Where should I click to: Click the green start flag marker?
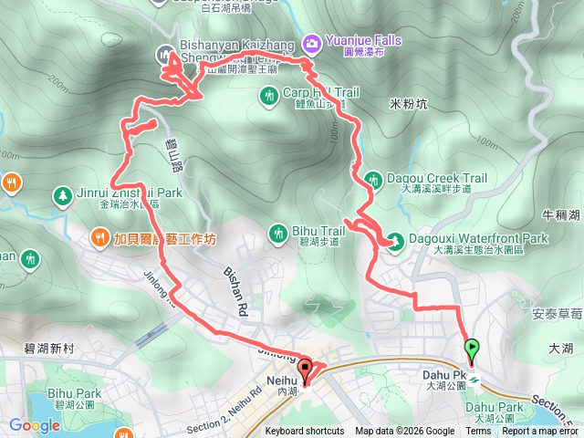(x=472, y=349)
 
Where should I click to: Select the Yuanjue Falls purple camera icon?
(x=312, y=41)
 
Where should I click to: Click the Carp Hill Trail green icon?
(x=268, y=94)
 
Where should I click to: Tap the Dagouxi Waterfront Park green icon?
(x=396, y=241)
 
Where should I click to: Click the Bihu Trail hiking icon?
(x=277, y=235)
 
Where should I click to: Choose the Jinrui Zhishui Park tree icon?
(x=61, y=194)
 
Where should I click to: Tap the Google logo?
(x=34, y=425)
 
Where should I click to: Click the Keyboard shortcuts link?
(x=305, y=432)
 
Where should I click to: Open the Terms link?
(x=478, y=432)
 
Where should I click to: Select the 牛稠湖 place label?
(x=561, y=216)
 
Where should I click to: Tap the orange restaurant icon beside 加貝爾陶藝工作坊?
(x=99, y=239)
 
